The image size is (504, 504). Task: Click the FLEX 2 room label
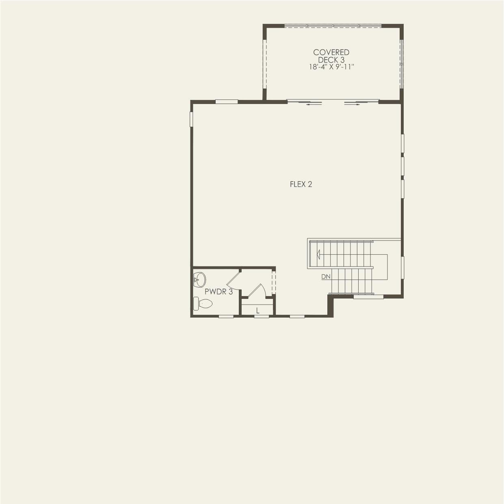(x=301, y=184)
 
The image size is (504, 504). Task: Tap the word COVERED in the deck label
(x=331, y=52)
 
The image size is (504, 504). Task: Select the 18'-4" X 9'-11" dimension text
(x=331, y=67)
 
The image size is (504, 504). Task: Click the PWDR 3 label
(x=218, y=292)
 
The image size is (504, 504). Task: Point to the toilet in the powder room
(x=203, y=303)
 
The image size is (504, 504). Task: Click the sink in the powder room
(x=199, y=279)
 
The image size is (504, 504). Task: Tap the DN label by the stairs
(x=326, y=277)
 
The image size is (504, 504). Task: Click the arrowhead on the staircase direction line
(x=319, y=255)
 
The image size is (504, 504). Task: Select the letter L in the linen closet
(x=257, y=311)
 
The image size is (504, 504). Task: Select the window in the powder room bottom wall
(x=226, y=316)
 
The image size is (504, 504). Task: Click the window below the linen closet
(x=262, y=316)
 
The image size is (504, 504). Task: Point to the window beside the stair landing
(x=402, y=267)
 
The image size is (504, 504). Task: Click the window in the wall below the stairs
(x=368, y=297)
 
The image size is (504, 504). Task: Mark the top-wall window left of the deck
(x=226, y=102)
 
